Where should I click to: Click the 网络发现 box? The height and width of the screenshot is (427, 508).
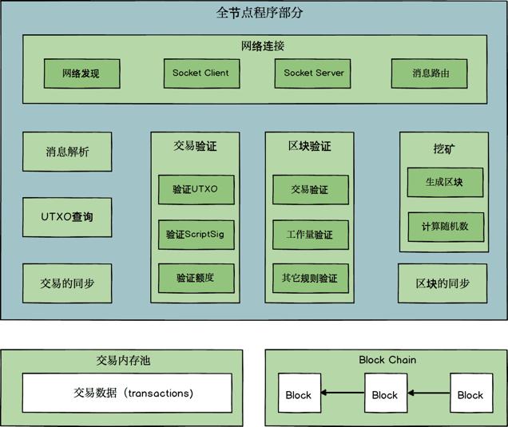81,73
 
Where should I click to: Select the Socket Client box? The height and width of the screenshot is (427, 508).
200,73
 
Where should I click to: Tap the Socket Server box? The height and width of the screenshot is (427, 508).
314,73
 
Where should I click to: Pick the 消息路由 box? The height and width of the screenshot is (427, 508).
430,73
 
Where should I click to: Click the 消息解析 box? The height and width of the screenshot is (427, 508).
67,152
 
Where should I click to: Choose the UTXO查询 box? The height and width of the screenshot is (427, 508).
67,217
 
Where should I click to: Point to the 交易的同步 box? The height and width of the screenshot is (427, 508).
67,283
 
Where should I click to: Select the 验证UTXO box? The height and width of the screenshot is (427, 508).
196,190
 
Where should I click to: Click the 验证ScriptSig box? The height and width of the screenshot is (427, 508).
196,235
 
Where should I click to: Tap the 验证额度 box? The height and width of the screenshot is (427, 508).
196,278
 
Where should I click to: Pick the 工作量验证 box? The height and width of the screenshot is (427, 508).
310,235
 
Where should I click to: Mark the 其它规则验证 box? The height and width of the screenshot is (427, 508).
310,278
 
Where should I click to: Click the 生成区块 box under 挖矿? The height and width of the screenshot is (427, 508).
445,182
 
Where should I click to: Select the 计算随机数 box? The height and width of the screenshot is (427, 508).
445,227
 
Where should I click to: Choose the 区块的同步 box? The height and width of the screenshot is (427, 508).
443,283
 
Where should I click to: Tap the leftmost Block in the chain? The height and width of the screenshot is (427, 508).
299,394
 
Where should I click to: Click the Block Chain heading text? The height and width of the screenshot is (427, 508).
387,360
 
